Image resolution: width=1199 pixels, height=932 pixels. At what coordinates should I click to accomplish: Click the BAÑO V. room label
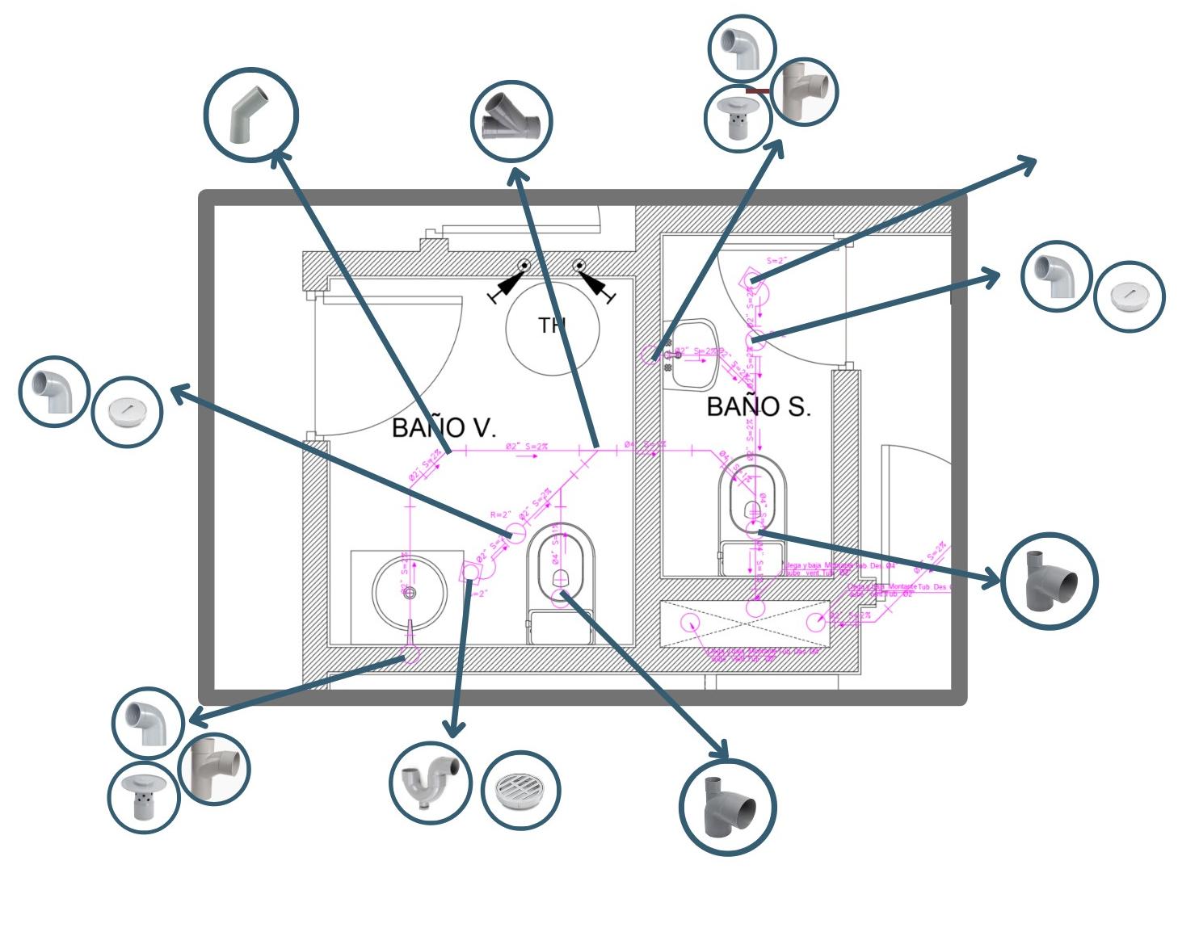click(x=444, y=427)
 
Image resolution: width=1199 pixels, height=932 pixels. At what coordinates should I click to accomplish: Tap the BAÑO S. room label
click(x=758, y=406)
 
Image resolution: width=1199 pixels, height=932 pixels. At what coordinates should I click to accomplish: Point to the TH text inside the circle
click(x=552, y=325)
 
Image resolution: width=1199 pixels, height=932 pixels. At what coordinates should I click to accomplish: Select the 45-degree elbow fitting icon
click(x=251, y=115)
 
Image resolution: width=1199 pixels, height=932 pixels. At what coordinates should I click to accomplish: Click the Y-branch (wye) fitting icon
click(x=511, y=122)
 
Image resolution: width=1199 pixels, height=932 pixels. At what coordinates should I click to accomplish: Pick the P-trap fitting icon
click(x=430, y=783)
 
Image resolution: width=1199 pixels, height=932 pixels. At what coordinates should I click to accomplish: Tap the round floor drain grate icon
click(x=521, y=790)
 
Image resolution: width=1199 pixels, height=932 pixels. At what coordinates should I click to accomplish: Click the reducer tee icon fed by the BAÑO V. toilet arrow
click(x=728, y=807)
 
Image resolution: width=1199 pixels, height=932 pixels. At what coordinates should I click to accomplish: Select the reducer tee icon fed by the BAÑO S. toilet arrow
click(x=1049, y=581)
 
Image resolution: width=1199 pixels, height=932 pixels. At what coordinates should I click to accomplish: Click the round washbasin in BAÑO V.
click(x=410, y=592)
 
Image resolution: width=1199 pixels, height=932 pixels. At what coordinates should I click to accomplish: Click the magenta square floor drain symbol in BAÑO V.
click(x=469, y=570)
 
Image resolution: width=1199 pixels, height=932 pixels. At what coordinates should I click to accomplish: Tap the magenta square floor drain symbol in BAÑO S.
click(x=750, y=279)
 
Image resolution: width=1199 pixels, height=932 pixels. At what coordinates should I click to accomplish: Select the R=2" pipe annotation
click(x=501, y=514)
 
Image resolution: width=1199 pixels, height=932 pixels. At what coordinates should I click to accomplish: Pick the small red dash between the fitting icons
click(x=757, y=91)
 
